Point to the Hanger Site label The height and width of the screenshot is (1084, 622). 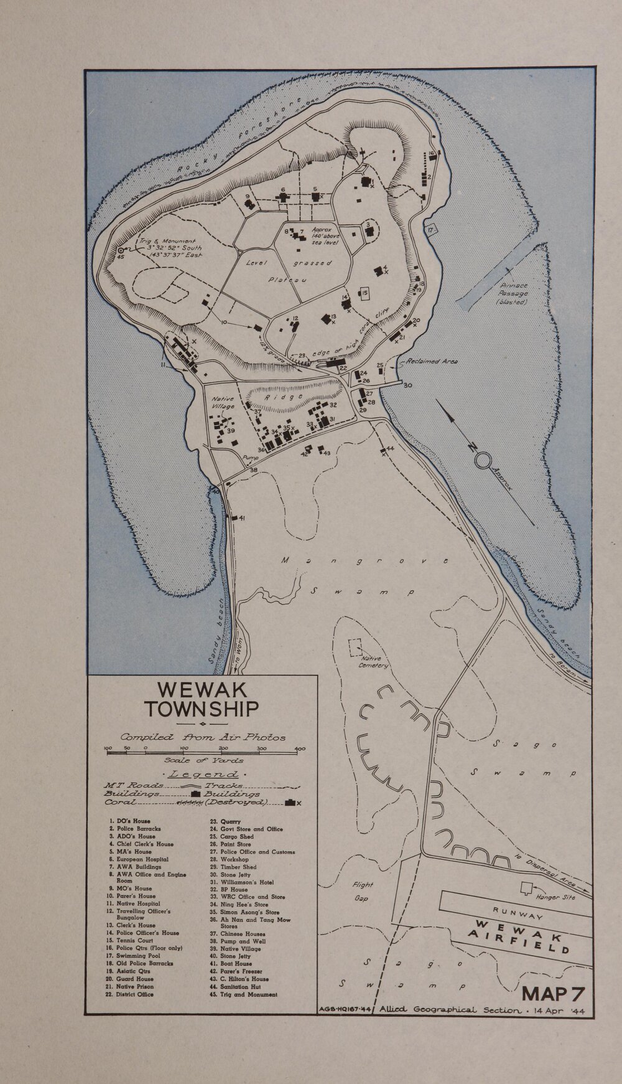pos(556,897)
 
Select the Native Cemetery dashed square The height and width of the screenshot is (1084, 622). pos(357,647)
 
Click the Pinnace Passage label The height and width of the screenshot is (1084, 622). pos(514,293)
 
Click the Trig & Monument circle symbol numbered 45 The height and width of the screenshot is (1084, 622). pos(119,250)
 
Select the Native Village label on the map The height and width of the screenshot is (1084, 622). pos(222,403)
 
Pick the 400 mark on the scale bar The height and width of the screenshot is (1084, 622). pos(300,748)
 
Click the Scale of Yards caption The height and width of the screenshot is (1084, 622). pos(203,760)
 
